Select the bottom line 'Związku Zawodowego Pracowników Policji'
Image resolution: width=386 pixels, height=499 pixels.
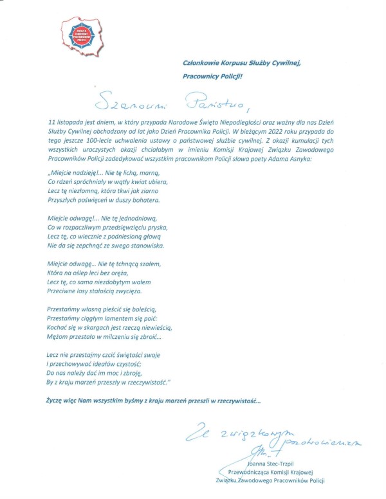[270, 480]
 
